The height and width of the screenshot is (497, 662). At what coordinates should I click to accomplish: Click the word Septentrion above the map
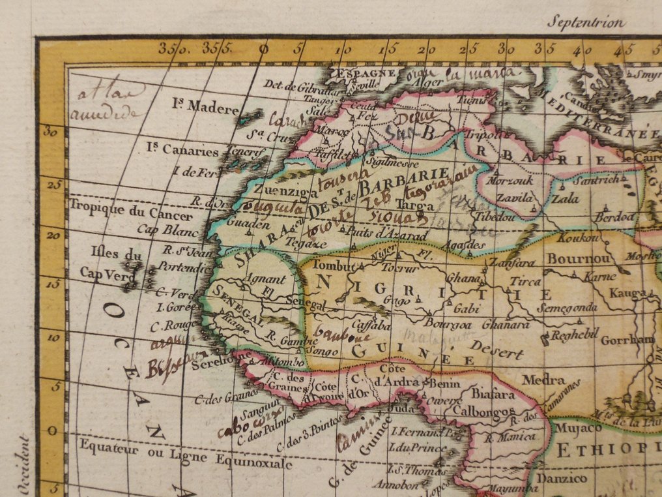(x=586, y=22)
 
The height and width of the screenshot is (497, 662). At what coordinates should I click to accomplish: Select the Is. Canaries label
(x=182, y=150)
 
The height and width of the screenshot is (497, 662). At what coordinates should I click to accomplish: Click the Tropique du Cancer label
(x=131, y=216)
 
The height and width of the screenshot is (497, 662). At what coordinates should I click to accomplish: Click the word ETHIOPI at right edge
(x=607, y=449)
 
